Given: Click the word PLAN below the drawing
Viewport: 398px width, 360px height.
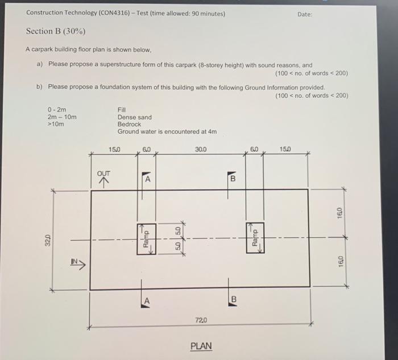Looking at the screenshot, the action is point(201,345).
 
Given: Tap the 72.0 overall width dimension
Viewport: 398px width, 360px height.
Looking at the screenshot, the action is point(201,321).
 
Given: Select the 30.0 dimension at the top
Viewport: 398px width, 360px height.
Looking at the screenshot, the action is point(201,150).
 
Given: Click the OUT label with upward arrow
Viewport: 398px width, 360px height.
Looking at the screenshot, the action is point(104,174).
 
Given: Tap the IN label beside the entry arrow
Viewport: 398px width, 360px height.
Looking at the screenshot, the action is point(74,262).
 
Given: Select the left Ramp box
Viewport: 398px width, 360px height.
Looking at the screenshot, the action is point(146,239).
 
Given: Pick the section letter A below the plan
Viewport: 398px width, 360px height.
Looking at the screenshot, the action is point(147,300).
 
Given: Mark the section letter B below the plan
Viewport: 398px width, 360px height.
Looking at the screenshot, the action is point(233,300).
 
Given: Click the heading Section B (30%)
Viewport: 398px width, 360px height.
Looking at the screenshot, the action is point(56,31).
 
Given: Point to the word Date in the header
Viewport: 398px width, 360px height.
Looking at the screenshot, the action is point(304,14).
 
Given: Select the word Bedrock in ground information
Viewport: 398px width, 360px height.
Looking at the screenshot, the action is point(130,124).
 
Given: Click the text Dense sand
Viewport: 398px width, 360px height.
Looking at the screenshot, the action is point(134,117).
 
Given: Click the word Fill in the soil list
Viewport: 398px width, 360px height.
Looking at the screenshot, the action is point(122,110).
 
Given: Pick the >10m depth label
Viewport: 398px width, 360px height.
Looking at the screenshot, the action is point(56,124).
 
